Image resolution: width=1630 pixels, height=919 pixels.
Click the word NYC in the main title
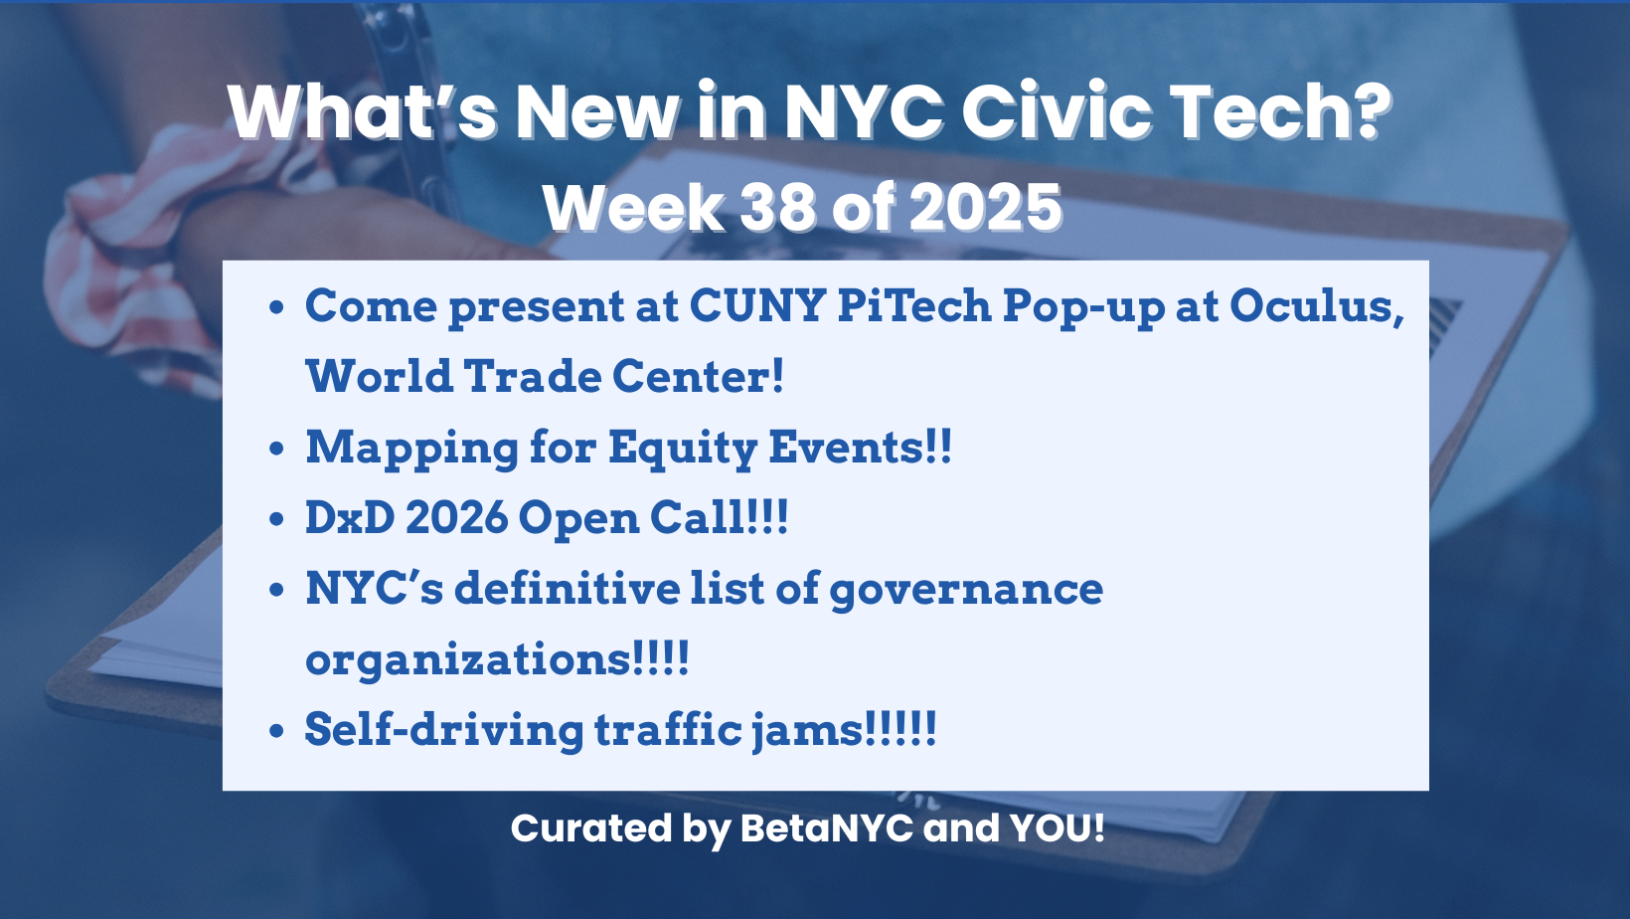(x=865, y=111)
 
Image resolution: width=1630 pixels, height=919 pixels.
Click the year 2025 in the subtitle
(x=986, y=208)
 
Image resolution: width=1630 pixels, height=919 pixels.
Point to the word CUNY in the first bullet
(x=756, y=305)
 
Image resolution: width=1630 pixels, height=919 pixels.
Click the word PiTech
(x=914, y=305)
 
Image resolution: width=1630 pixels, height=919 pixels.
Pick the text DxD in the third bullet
(x=350, y=518)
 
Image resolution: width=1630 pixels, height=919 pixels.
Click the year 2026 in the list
(x=456, y=518)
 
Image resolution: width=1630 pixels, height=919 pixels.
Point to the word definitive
(x=567, y=588)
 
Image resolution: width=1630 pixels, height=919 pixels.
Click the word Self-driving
(x=444, y=731)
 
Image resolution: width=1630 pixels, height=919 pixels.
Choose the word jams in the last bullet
(x=807, y=731)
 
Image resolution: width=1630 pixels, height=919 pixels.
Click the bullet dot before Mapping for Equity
(x=275, y=448)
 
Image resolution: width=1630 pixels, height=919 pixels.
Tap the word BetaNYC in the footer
(x=826, y=827)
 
